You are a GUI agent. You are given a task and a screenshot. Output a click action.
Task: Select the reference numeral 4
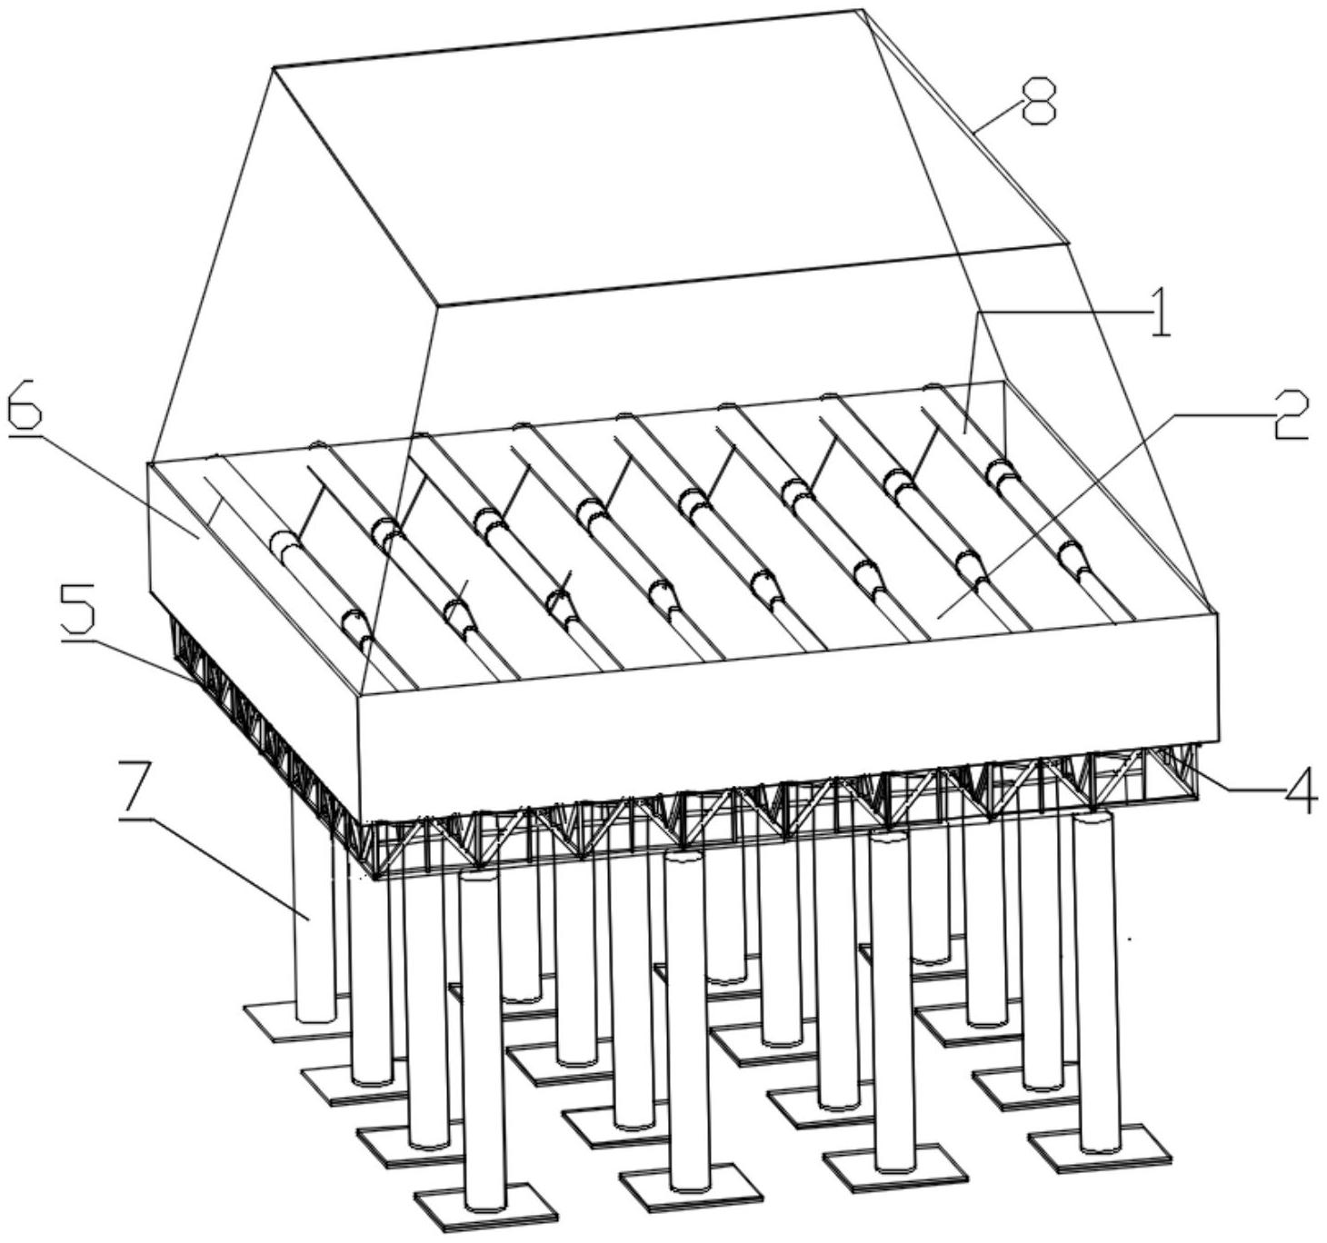pos(1297,793)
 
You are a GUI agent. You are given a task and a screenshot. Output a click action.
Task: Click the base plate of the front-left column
pos(484,1206)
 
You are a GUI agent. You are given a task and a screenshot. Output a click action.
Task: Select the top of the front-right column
pos(1093,818)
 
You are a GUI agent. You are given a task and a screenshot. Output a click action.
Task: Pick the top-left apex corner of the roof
pos(274,66)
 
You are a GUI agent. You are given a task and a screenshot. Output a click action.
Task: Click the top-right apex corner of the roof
pos(862,11)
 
